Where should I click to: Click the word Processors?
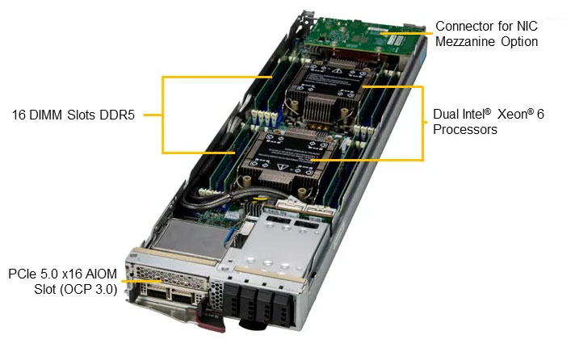(465, 130)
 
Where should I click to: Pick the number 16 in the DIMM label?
(19, 115)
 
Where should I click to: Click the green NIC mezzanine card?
(363, 37)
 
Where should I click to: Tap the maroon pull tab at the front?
(211, 317)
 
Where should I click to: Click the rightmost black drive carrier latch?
(283, 309)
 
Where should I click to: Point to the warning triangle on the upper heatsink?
(337, 70)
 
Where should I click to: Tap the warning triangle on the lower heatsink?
(282, 167)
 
